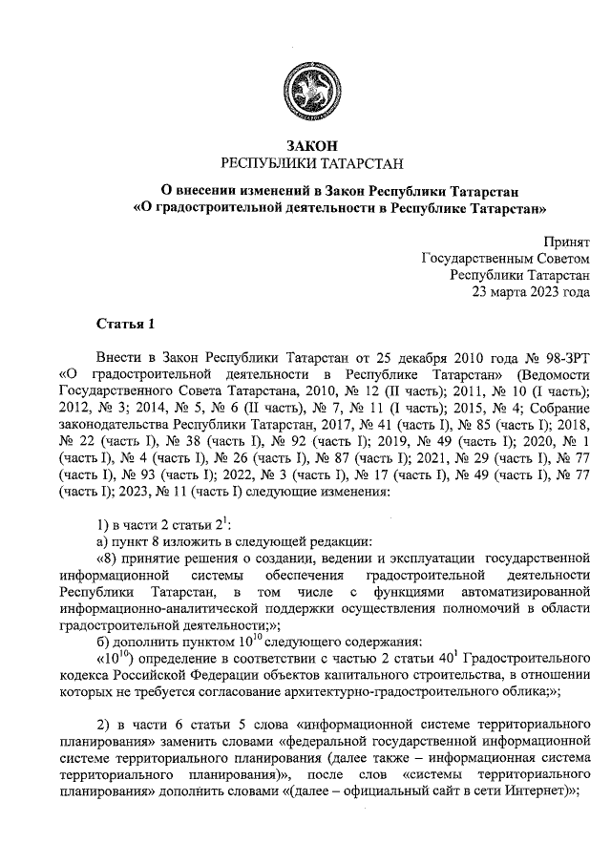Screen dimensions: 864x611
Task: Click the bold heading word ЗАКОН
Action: click(x=305, y=145)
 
